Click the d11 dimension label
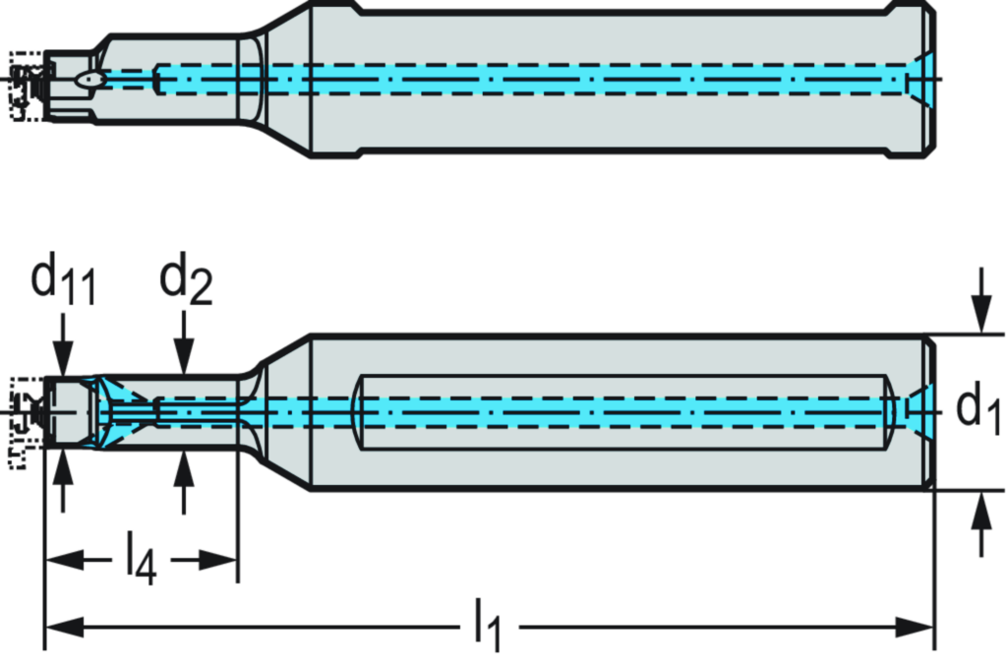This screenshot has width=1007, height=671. [62, 280]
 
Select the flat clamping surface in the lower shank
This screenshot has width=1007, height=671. [624, 412]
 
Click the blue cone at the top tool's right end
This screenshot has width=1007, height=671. [920, 79]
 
